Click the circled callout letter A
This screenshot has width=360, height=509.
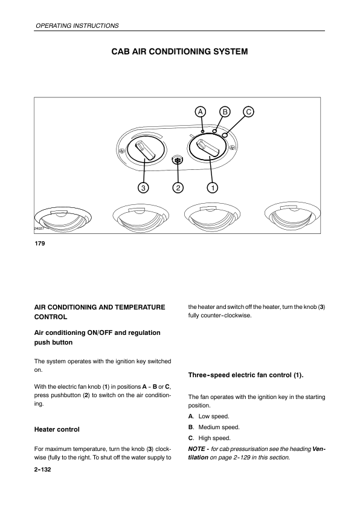point(201,112)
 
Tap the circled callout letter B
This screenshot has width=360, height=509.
point(225,112)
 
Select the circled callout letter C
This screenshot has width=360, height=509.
point(248,112)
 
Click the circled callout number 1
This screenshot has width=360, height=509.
point(213,187)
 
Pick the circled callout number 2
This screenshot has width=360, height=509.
point(178,187)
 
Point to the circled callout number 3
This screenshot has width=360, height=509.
point(143,187)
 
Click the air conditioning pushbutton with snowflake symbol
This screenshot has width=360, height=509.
point(178,160)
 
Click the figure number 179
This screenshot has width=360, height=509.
point(40,244)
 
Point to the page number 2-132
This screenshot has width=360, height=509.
point(43,469)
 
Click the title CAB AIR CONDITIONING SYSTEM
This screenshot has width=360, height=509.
point(179,51)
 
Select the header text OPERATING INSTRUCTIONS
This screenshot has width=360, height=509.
point(77,25)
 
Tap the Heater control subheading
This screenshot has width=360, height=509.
point(57,429)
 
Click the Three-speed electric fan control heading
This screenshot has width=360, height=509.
point(246,375)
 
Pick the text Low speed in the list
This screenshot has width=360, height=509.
point(214,416)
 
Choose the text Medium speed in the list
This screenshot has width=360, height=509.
point(219,427)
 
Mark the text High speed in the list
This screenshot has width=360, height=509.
point(214,438)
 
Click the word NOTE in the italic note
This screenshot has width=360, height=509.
point(196,449)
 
